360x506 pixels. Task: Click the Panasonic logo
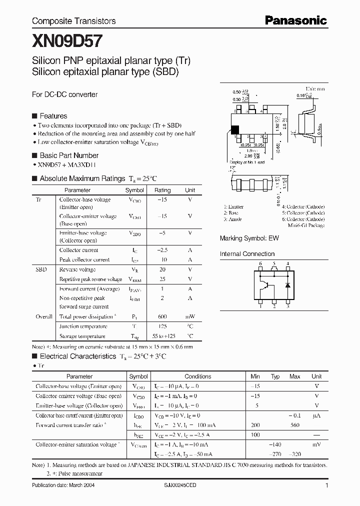(x=295, y=20)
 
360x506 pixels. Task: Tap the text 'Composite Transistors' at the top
(x=73, y=21)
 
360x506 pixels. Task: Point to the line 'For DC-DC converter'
(x=64, y=94)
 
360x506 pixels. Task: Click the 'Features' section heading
(x=53, y=115)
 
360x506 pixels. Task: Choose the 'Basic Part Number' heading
(x=68, y=155)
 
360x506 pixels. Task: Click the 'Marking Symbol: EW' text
(x=249, y=238)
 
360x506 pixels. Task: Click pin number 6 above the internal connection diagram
(x=260, y=263)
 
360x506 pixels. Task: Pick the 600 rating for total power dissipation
(x=162, y=317)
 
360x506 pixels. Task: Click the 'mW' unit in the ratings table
(x=190, y=317)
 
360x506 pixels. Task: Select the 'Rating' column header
(x=162, y=190)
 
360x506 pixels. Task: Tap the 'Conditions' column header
(x=197, y=376)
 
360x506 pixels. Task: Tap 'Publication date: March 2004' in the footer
(x=63, y=486)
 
